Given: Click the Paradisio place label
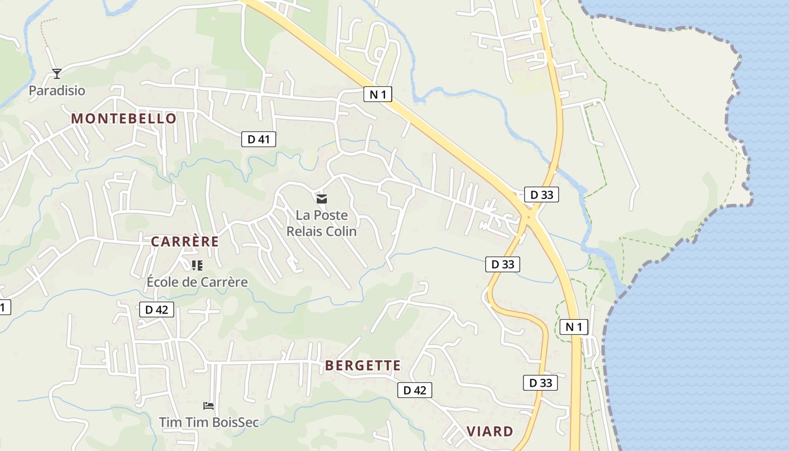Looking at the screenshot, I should [x=57, y=90].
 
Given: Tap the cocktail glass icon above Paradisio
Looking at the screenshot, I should [x=56, y=73].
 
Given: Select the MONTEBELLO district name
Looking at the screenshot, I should [x=124, y=118].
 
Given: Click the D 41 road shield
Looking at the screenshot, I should [x=259, y=139].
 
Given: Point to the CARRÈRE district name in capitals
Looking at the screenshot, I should [x=185, y=242].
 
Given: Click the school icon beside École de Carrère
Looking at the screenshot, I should [x=197, y=265].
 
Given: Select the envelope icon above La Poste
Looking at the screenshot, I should [x=322, y=198].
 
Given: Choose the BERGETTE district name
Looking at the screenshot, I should [x=363, y=365].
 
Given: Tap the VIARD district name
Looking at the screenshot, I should [x=490, y=432].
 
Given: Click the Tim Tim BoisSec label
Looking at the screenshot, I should [x=209, y=422].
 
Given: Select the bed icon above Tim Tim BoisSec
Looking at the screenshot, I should [x=209, y=405].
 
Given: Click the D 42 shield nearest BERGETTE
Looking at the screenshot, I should [x=415, y=390].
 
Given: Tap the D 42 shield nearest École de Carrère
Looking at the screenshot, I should [x=157, y=309].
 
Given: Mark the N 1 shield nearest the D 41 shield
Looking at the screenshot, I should [x=378, y=94].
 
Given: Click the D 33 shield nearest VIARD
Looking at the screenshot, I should [x=540, y=383].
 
